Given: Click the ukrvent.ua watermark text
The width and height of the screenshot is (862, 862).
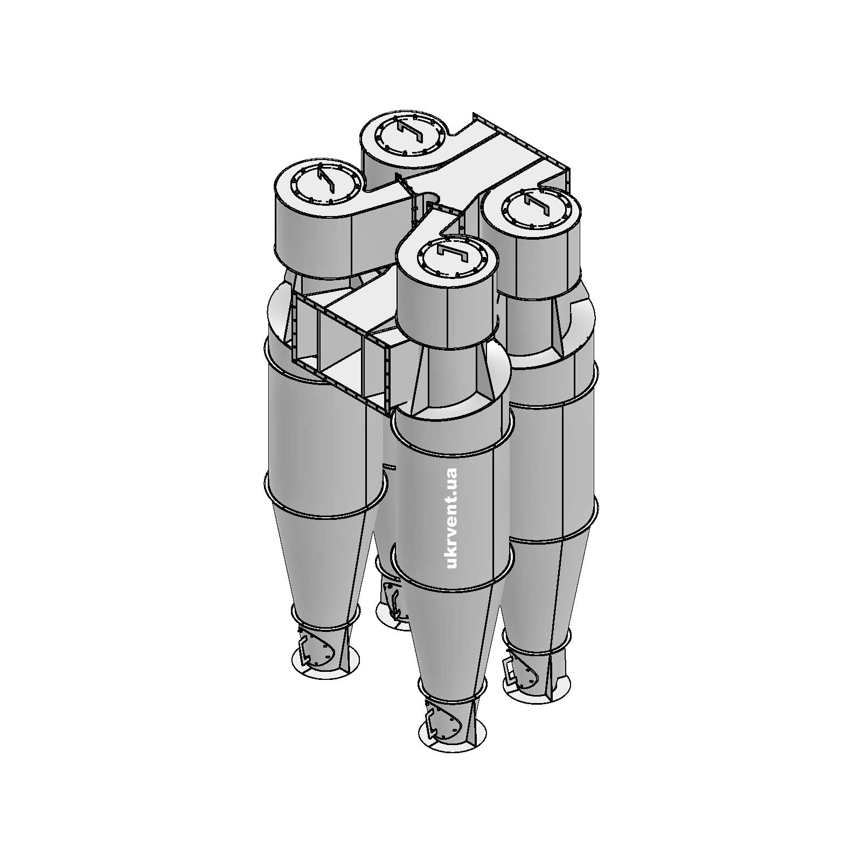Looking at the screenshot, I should [x=451, y=518].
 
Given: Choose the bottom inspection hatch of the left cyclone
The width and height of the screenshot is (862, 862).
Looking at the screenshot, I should [x=319, y=652].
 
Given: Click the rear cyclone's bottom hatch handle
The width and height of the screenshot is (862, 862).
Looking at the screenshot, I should [x=395, y=603].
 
